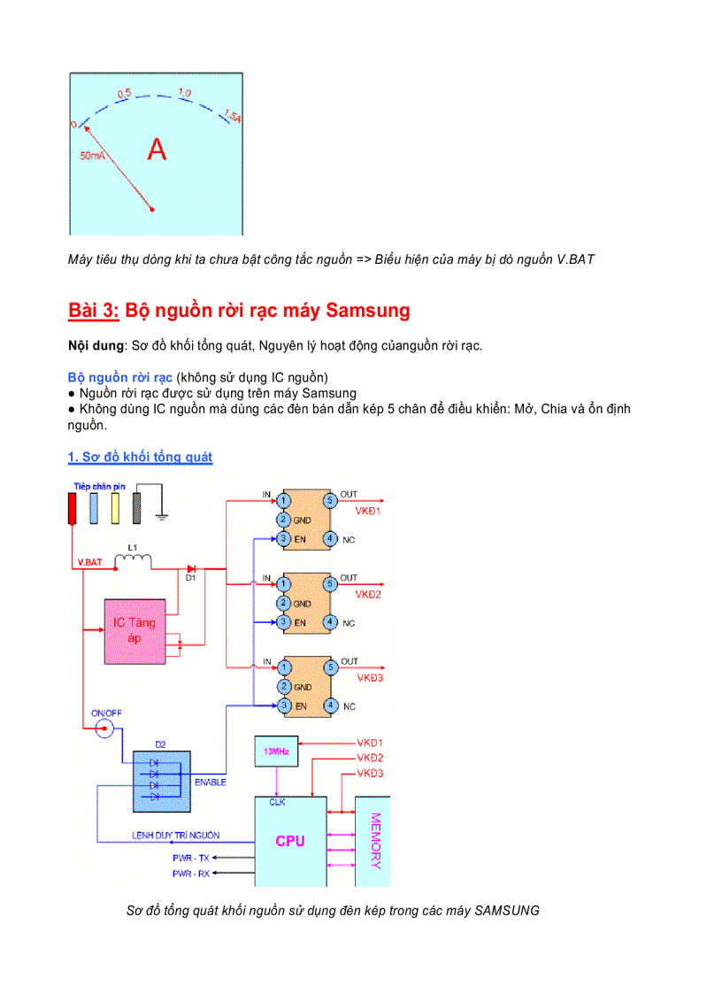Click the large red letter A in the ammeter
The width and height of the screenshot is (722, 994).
tap(157, 150)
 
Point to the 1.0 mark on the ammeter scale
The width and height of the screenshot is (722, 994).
tap(184, 92)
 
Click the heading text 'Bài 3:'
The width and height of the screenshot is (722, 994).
tap(94, 311)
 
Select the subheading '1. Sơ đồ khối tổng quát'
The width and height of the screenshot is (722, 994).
tap(140, 457)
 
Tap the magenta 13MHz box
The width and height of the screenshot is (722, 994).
tap(276, 751)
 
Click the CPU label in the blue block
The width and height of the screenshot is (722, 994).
tap(289, 841)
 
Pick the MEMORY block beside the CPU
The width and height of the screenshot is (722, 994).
tap(373, 841)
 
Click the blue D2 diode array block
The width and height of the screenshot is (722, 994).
tap(161, 782)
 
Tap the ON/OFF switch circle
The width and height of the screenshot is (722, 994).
tap(104, 728)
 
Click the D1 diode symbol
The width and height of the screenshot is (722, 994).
tap(191, 568)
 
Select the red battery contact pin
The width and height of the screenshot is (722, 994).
tap(73, 508)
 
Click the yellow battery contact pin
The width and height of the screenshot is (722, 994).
tap(114, 508)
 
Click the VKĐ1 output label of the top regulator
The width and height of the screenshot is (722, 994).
tap(368, 512)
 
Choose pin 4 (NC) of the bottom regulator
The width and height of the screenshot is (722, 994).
tap(329, 705)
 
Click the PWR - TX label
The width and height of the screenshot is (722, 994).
tap(191, 858)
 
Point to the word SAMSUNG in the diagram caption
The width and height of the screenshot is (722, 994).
tap(507, 910)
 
